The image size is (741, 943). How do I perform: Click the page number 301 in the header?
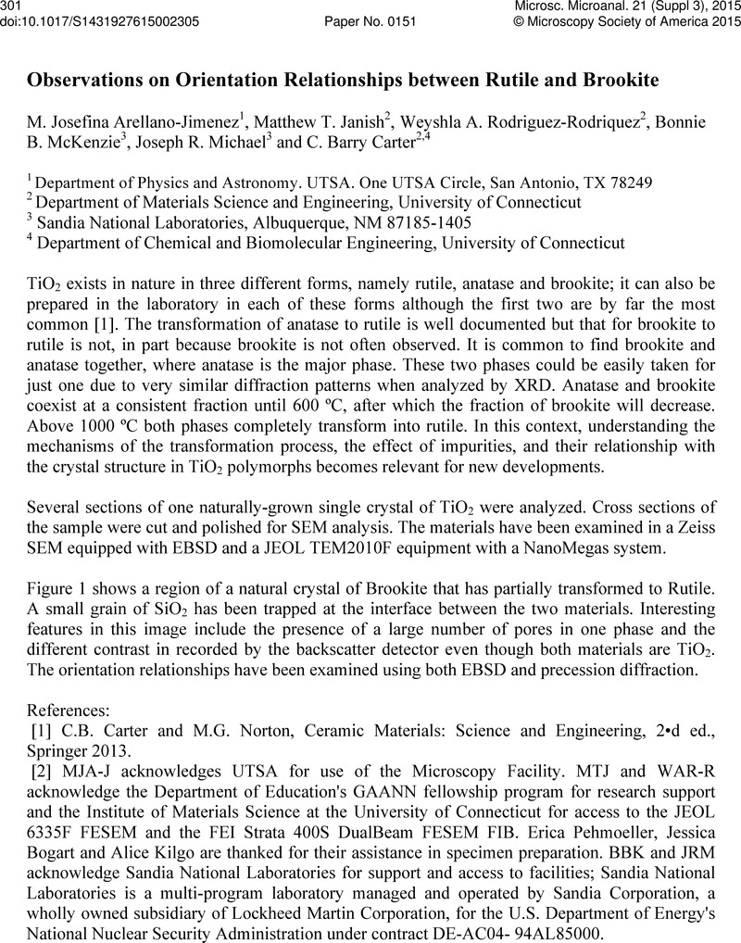12,6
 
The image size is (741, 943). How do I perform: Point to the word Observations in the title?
80,81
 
